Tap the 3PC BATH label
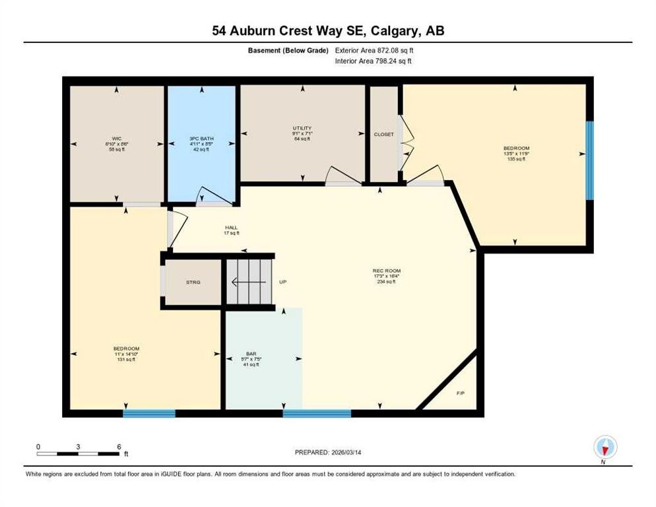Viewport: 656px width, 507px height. tap(201, 139)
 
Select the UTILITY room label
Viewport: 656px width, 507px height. tap(302, 128)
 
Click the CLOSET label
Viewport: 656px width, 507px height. tap(383, 134)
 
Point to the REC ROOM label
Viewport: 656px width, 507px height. tap(387, 271)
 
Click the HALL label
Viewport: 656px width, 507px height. tap(230, 228)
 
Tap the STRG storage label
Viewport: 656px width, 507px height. tap(193, 283)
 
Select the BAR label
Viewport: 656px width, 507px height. tap(251, 353)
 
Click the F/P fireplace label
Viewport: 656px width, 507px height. tap(461, 393)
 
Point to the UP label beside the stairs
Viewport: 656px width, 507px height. tap(283, 283)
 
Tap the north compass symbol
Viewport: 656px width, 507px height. tap(605, 448)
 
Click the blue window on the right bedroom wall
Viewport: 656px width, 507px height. tap(589, 160)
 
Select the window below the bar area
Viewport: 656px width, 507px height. tap(317, 413)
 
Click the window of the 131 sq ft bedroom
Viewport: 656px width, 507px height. tap(149, 413)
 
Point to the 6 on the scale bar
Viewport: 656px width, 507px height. tap(119, 446)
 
